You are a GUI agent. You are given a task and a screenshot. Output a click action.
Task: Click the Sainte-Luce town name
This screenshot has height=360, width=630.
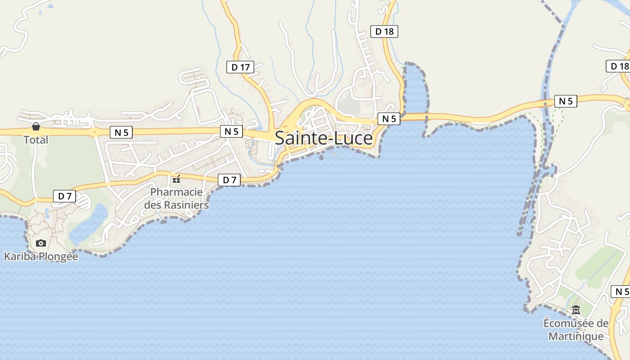tap(324, 138)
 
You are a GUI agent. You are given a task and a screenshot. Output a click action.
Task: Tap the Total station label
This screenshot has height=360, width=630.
tap(36, 139)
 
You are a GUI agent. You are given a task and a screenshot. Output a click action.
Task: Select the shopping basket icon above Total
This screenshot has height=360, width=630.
tap(36, 126)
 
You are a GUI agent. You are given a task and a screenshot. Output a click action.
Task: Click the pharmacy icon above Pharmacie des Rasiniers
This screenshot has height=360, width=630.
tap(176, 179)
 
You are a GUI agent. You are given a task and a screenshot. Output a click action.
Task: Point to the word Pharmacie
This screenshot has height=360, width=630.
tap(176, 192)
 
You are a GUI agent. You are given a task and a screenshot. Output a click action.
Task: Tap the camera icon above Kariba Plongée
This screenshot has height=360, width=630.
tap(41, 243)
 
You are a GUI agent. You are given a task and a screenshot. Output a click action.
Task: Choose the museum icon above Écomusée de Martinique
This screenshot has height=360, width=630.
tap(576, 310)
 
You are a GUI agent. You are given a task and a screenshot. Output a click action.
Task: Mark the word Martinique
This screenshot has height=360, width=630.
tap(576, 336)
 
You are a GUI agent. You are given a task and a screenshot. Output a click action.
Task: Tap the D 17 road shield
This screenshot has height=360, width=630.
tap(240, 67)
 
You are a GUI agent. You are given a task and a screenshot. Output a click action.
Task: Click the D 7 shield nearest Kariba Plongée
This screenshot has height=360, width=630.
tap(64, 196)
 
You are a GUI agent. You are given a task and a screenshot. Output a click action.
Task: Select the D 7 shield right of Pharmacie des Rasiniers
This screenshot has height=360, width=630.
tap(229, 180)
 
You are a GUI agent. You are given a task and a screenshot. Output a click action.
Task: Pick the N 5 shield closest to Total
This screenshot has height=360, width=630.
tap(121, 132)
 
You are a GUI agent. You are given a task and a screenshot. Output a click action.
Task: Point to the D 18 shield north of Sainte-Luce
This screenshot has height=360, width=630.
tap(384, 31)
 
